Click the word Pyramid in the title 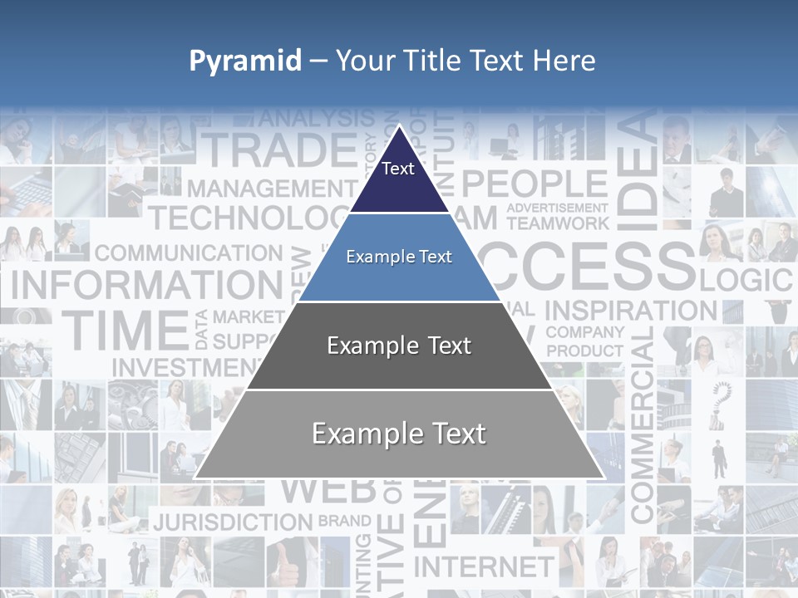(x=245, y=61)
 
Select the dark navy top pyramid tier (x=399, y=179)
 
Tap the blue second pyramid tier (x=399, y=257)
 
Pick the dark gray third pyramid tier (x=399, y=346)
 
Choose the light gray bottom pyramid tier (x=399, y=434)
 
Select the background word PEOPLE (x=534, y=184)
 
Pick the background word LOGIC (x=746, y=280)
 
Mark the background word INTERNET (x=483, y=566)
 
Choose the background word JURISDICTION (x=233, y=522)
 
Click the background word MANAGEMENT (x=259, y=189)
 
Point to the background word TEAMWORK (x=558, y=223)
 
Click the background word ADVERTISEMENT (x=558, y=208)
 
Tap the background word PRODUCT (x=585, y=350)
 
